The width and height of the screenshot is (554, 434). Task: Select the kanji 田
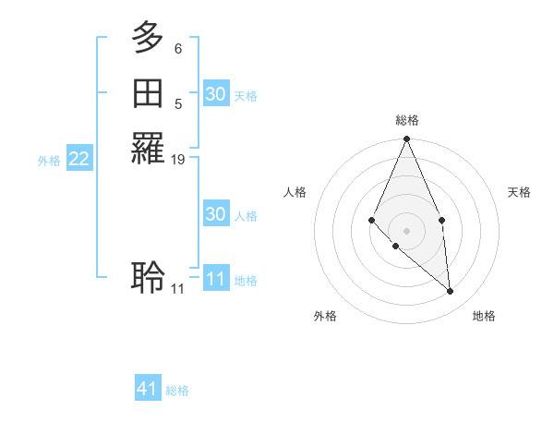pos(148,93)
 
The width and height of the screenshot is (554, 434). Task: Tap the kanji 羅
pos(148,150)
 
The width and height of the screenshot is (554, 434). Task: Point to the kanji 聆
pos(148,276)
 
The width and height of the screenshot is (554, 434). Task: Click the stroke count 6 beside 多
pos(178,48)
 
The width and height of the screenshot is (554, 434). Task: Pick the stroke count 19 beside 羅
pos(178,160)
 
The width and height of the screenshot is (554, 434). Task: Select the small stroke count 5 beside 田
pos(178,103)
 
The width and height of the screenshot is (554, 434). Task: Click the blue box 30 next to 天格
pos(215,94)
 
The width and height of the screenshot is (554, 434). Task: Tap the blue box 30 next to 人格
pos(215,214)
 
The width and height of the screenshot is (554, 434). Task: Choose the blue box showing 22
pos(79,159)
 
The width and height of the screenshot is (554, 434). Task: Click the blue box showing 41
pos(148,389)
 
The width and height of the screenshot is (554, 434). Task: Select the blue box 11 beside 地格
pos(215,279)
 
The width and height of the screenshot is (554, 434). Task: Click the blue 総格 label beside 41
pos(177,391)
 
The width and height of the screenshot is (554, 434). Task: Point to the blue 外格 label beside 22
pos(49,160)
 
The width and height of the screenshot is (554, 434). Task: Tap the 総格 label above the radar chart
pos(406,120)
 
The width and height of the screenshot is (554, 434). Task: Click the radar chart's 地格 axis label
pos(484,316)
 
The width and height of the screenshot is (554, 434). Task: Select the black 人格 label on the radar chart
pos(295,192)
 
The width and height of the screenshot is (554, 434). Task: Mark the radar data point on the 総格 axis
pos(406,139)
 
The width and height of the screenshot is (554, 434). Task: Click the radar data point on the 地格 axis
pos(451,292)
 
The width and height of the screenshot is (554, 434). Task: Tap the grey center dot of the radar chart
pos(406,230)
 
